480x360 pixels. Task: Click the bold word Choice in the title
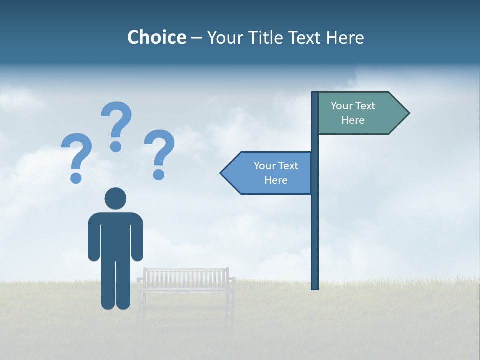click(156, 37)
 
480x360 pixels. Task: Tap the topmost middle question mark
click(116, 125)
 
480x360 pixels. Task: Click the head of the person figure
click(115, 198)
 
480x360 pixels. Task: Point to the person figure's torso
click(115, 235)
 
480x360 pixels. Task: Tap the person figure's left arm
click(93, 237)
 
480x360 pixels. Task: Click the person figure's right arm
click(137, 237)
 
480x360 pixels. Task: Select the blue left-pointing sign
click(270, 173)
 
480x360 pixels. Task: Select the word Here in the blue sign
click(276, 180)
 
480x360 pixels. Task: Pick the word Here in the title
click(345, 37)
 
